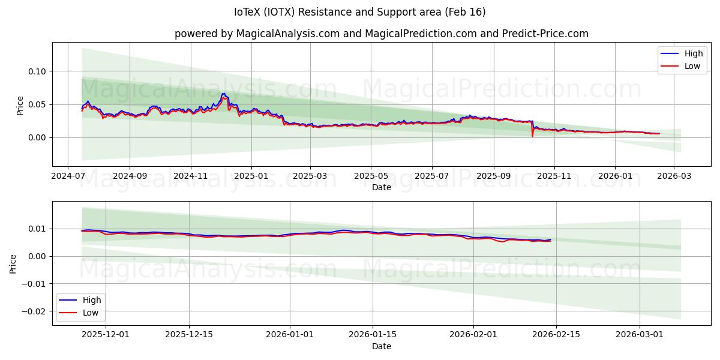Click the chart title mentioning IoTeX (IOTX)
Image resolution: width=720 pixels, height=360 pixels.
[360, 12]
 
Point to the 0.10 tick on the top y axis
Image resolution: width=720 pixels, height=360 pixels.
[37, 71]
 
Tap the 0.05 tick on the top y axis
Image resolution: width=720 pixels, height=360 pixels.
[37, 104]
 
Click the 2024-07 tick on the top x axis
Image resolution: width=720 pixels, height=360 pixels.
[68, 177]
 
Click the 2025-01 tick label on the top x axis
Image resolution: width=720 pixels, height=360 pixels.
[251, 177]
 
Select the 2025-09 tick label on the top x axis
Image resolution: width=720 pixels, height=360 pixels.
[494, 177]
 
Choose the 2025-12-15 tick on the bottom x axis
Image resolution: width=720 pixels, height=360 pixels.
[188, 335]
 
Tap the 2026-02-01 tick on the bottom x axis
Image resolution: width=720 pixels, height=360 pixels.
[473, 335]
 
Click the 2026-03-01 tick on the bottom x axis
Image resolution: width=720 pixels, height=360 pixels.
[640, 335]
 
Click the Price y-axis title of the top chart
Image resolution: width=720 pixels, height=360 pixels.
[20, 105]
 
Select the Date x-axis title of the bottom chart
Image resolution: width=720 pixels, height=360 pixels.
[382, 346]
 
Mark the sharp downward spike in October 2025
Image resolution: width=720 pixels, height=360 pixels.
[532, 135]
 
